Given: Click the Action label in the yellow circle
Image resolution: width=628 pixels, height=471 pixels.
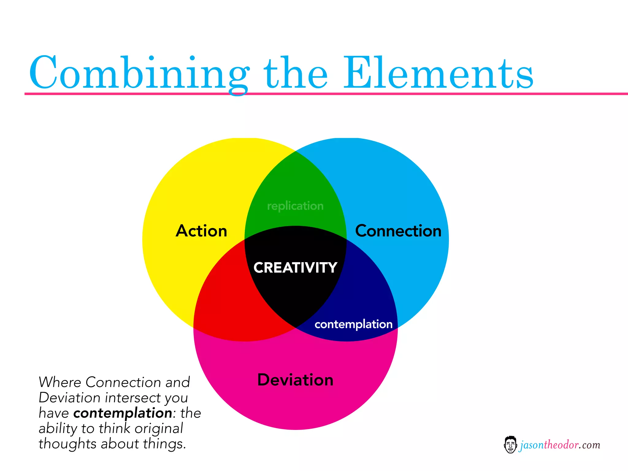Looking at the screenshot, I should click(201, 231).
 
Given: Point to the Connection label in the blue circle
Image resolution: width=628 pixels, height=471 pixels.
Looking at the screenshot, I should click(398, 231).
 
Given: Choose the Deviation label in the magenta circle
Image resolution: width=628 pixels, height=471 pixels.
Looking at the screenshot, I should click(295, 380).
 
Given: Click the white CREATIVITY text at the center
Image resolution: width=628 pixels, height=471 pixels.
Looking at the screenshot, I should click(295, 268).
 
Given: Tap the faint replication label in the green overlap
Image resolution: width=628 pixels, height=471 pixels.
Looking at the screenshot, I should click(295, 206).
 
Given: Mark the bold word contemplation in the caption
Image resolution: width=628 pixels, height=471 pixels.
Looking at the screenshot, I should click(123, 413).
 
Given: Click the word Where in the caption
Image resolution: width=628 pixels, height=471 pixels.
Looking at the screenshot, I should click(59, 382).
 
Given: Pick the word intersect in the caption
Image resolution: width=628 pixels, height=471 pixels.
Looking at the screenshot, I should click(133, 398).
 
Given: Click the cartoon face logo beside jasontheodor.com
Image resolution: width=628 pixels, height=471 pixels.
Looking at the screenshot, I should click(510, 445).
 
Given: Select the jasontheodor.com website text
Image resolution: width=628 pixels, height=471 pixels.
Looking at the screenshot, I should click(560, 445).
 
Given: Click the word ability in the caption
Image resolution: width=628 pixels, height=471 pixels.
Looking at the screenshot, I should click(57, 428).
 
